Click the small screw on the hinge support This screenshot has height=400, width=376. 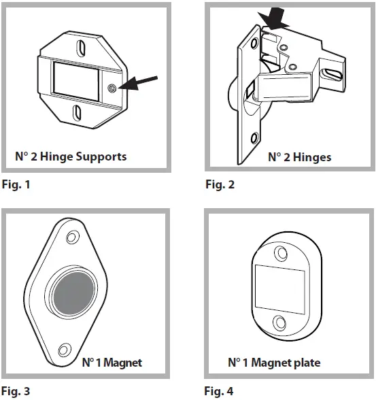tap(112, 88)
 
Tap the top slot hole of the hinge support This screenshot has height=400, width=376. tap(80, 49)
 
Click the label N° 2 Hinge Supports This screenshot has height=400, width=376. tap(71, 156)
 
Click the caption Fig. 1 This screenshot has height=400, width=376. tap(17, 184)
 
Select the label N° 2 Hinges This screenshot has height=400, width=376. tap(299, 157)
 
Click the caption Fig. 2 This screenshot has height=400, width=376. tap(220, 184)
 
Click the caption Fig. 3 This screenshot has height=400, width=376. tap(17, 391)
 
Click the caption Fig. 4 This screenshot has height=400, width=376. tap(220, 391)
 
